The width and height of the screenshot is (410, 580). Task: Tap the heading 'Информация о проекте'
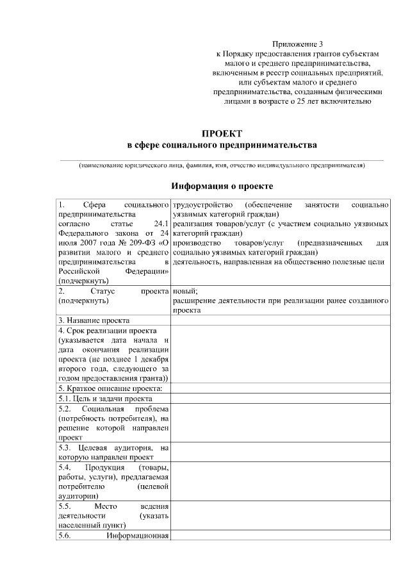click(222, 186)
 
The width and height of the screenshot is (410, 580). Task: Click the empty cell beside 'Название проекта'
click(280, 320)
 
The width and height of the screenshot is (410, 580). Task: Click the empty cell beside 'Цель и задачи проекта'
click(280, 398)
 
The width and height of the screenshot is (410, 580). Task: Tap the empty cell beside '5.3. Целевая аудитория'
click(280, 452)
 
